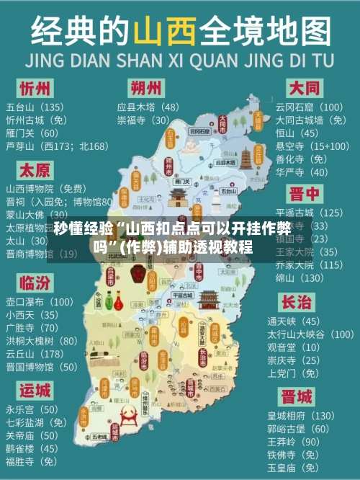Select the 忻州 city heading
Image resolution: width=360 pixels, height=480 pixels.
[x=35, y=89]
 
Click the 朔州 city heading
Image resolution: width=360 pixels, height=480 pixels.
[x=146, y=88]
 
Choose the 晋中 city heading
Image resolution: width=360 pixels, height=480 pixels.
[x=304, y=194]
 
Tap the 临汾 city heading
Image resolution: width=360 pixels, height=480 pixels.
[x=35, y=282]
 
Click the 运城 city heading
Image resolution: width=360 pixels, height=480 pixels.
[x=35, y=390]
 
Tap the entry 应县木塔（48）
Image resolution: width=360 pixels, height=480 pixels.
[x=148, y=107]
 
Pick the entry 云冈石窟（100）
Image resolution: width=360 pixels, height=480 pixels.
[x=309, y=107]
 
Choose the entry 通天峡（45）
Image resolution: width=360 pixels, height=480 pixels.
[x=293, y=321]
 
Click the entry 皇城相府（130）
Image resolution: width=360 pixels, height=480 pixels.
[x=301, y=416]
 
